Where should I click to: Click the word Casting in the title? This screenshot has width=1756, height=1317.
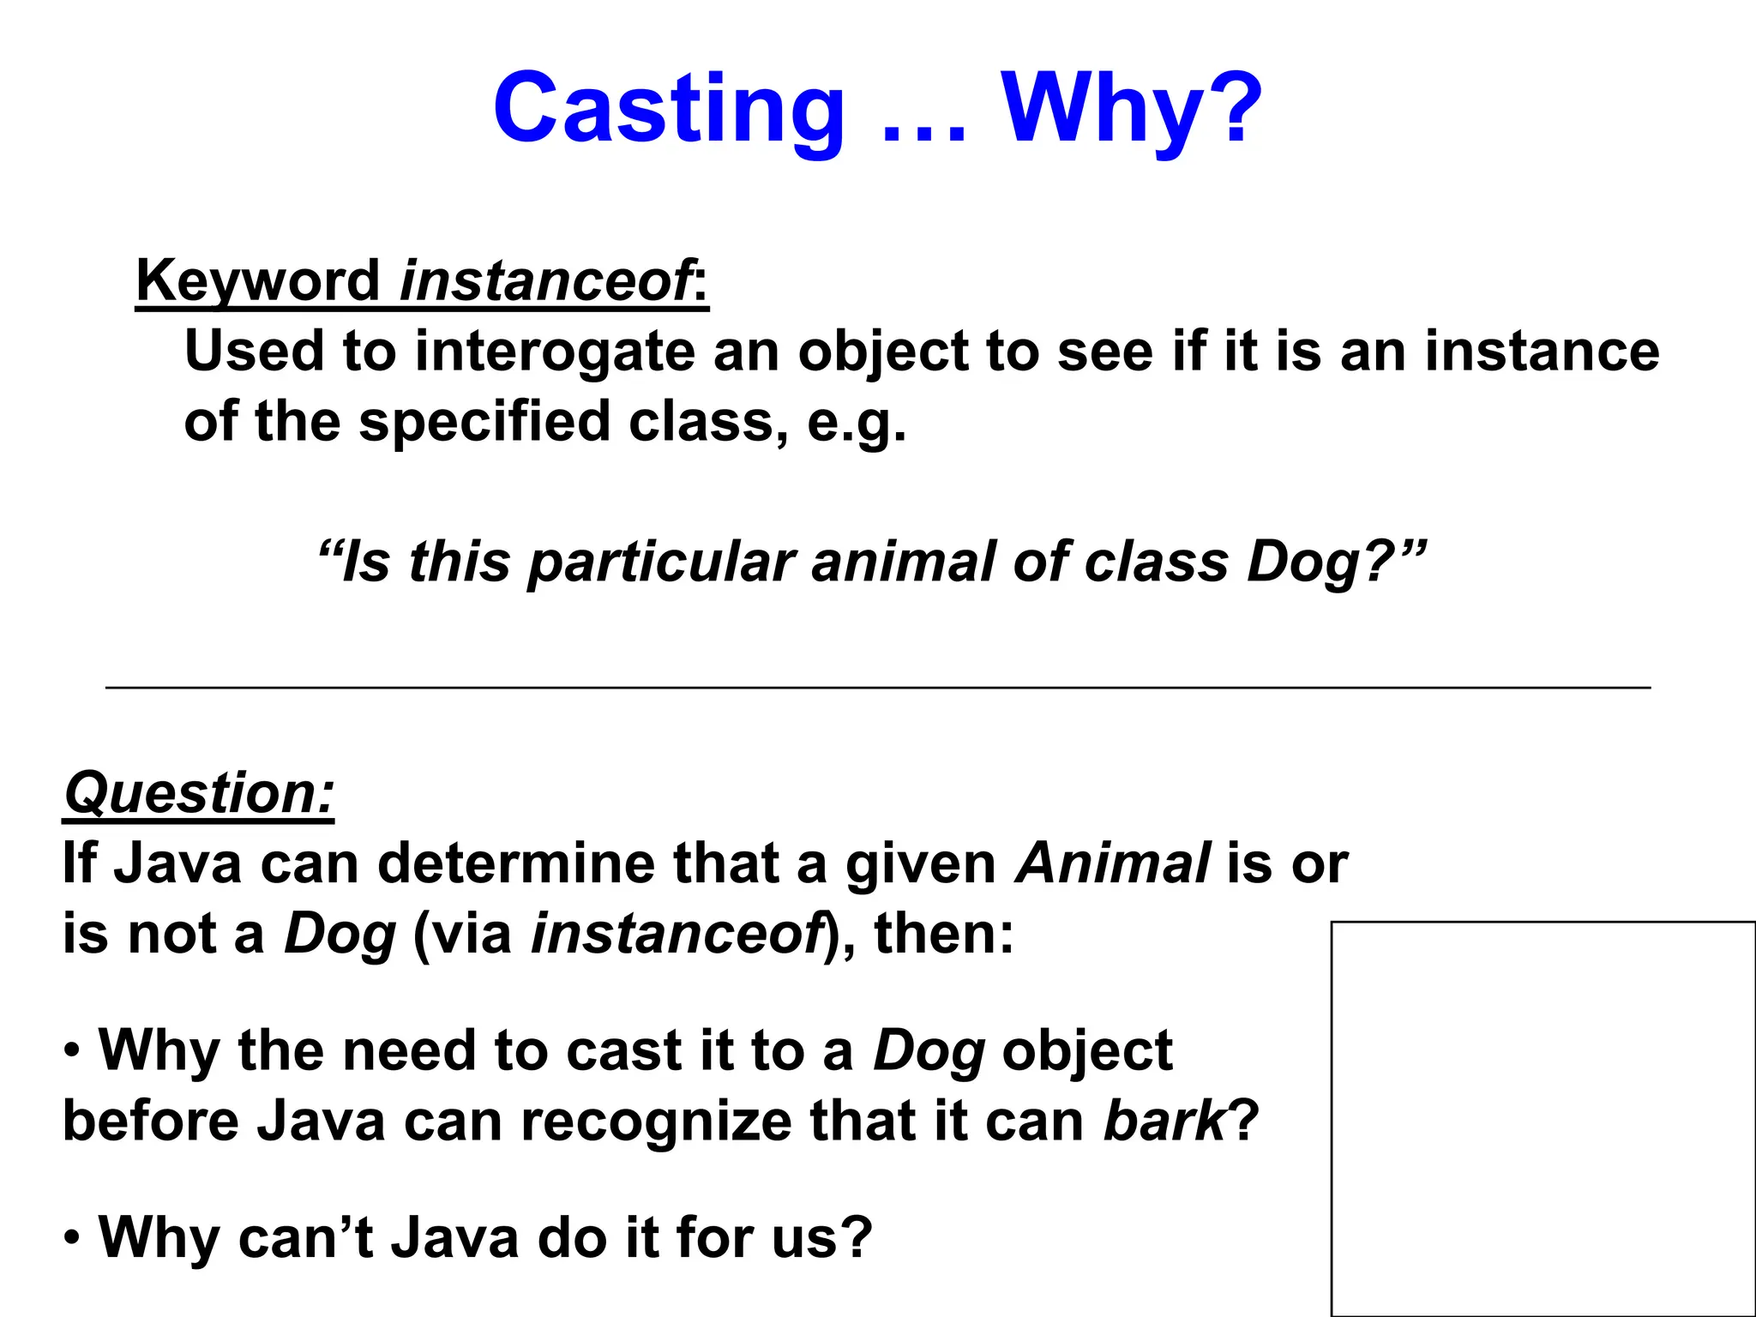pyautogui.click(x=669, y=110)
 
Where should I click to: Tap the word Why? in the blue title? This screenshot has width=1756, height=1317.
pyautogui.click(x=1132, y=110)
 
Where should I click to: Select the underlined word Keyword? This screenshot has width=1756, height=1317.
pyautogui.click(x=257, y=281)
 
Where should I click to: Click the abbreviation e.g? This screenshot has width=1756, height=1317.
pyautogui.click(x=856, y=422)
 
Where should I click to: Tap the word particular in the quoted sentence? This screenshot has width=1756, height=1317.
pyautogui.click(x=662, y=562)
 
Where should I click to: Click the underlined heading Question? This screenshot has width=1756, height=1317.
pyautogui.click(x=199, y=794)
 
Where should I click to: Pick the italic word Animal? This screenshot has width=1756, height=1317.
pyautogui.click(x=1113, y=863)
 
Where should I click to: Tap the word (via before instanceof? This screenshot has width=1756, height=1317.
pyautogui.click(x=463, y=933)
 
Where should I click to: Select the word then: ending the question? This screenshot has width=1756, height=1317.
pyautogui.click(x=943, y=933)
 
